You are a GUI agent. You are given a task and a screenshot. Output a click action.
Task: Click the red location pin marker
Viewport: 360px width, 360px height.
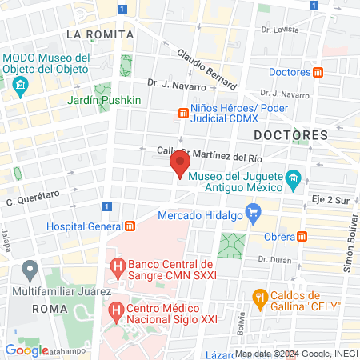[179, 164]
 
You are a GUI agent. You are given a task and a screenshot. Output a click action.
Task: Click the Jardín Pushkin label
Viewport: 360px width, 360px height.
[104, 100]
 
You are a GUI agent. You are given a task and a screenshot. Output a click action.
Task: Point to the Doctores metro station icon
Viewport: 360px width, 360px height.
[318, 72]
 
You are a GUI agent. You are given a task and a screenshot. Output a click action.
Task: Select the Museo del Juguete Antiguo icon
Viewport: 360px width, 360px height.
[294, 177]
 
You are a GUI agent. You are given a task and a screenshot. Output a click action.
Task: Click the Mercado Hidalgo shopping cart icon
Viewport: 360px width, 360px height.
[254, 213]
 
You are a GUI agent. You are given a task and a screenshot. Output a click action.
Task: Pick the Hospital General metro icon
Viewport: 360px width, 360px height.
[129, 226]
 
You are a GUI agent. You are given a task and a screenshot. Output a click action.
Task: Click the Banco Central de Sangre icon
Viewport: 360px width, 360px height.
[118, 263]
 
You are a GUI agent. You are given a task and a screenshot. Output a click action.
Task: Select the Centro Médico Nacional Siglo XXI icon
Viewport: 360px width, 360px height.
[117, 308]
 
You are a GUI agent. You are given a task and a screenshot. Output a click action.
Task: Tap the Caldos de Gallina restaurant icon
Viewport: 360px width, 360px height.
[259, 298]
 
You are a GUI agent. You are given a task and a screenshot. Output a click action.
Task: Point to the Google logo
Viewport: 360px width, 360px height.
[26, 350]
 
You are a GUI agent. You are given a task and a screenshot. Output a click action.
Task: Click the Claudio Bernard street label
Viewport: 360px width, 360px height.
[206, 70]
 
